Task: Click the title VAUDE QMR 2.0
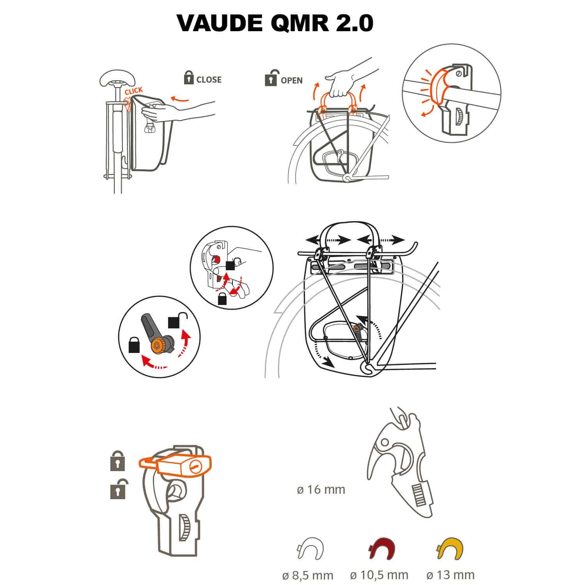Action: tap(275, 23)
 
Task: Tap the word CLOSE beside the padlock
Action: tap(209, 80)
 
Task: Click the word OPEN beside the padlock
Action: tap(291, 80)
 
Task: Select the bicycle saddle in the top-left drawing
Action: tap(116, 79)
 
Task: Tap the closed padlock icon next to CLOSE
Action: tap(189, 78)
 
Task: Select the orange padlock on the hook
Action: tap(177, 465)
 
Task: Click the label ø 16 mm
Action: tap(321, 489)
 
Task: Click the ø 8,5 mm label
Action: tap(308, 575)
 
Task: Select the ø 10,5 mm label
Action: tap(379, 575)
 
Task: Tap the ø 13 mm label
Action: tap(450, 575)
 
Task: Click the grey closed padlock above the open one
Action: tap(118, 461)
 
